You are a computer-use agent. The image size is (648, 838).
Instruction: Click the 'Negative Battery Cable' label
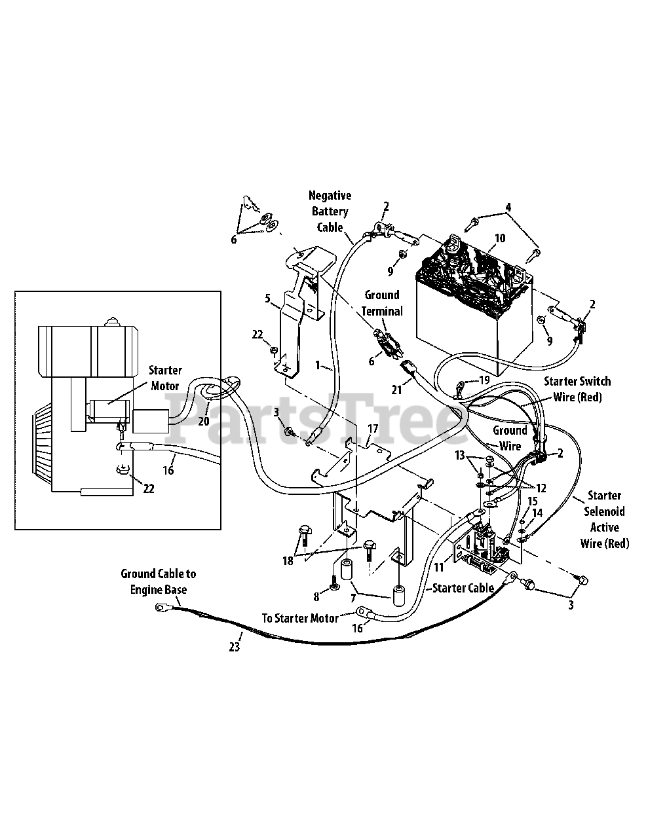tap(330, 211)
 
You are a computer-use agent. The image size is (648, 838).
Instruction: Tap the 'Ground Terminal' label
tap(383, 303)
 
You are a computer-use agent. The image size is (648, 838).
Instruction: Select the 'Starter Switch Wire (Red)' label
tap(577, 389)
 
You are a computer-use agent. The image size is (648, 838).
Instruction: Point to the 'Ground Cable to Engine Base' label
tap(158, 581)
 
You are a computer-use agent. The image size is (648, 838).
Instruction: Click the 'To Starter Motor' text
tap(300, 618)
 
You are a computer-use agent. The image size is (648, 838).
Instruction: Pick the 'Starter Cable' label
tap(463, 588)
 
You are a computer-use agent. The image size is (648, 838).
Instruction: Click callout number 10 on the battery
tap(500, 238)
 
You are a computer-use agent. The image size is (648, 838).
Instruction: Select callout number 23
tap(235, 647)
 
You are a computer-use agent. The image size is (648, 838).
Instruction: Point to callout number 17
tap(373, 429)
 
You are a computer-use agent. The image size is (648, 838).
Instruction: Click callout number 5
tap(267, 299)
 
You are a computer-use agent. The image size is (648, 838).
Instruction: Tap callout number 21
tap(396, 390)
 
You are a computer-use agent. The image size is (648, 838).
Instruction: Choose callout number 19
tap(484, 380)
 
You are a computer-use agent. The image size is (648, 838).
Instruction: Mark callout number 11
tap(438, 568)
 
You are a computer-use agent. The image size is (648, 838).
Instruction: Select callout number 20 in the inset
tap(204, 421)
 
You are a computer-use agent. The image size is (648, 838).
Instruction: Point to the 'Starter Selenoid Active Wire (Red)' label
tap(604, 519)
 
